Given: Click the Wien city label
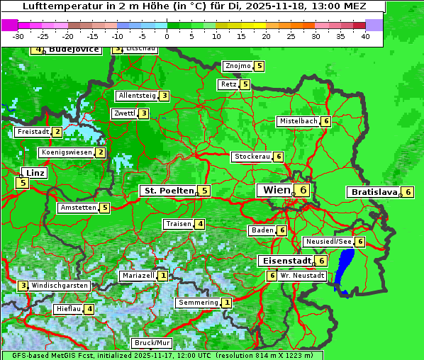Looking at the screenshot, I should point(276,190).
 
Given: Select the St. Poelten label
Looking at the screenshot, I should point(168,191).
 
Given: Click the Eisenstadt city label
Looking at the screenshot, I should point(284,261).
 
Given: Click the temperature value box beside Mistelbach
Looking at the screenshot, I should point(325,121).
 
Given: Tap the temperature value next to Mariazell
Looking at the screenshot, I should point(163,276).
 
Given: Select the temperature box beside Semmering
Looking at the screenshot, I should point(226,303).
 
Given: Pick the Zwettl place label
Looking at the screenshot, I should point(124,113).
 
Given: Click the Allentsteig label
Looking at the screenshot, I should point(137,96).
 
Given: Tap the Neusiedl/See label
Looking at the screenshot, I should point(328,242).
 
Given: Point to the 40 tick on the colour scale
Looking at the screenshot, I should point(365,35).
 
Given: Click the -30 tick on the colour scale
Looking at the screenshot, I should point(18,35).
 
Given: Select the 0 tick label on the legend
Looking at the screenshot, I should point(167,35).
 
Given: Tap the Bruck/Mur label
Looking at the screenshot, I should point(152,343).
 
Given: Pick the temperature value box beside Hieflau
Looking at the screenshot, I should point(89,309).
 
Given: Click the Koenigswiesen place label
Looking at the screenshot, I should point(67,152).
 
